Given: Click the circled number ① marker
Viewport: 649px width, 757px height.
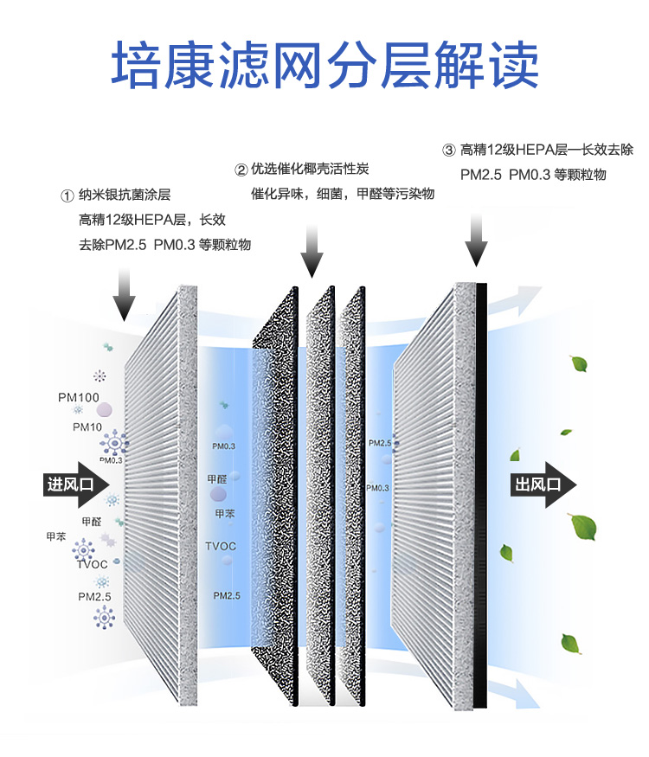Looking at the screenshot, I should pos(66,196).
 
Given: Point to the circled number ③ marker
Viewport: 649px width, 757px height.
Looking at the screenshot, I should pos(448,151).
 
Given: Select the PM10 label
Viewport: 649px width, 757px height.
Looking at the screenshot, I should pos(87,427).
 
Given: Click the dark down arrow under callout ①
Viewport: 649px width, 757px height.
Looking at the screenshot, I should pos(124,294).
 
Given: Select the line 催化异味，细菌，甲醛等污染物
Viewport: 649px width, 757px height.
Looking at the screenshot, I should pos(341,194).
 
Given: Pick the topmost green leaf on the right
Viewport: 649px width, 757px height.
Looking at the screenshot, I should pos(575,364).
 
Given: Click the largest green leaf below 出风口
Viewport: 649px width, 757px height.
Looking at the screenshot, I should pos(582,525).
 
